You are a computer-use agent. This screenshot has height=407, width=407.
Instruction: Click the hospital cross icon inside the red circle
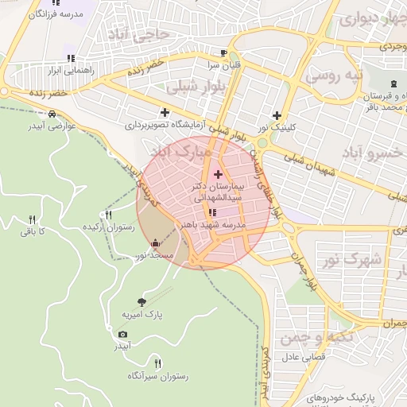pyautogui.click(x=219, y=173)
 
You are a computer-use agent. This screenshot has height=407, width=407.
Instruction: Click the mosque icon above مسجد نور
pyautogui.click(x=154, y=243)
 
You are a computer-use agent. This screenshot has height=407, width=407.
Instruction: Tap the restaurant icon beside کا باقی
pyautogui.click(x=32, y=219)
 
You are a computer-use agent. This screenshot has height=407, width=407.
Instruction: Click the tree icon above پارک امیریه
pyautogui.click(x=141, y=302)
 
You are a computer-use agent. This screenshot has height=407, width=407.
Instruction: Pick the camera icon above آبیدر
pyautogui.click(x=122, y=334)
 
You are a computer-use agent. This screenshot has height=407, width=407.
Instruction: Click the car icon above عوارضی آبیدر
pyautogui.click(x=52, y=114)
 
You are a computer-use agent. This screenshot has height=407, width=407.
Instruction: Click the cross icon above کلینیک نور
pyautogui.click(x=277, y=114)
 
